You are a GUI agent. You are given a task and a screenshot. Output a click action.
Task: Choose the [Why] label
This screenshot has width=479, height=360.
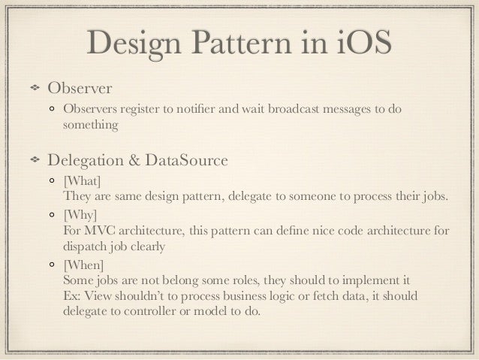click(80, 214)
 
